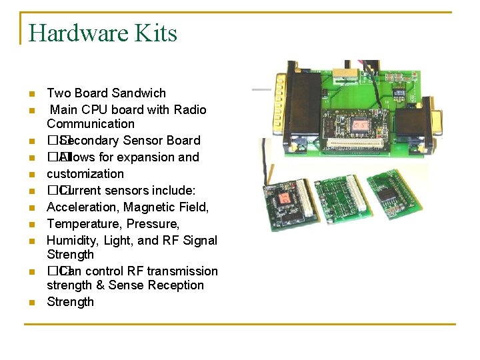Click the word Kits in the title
(x=158, y=33)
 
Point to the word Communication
(x=91, y=124)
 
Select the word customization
(x=85, y=174)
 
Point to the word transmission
(x=183, y=271)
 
